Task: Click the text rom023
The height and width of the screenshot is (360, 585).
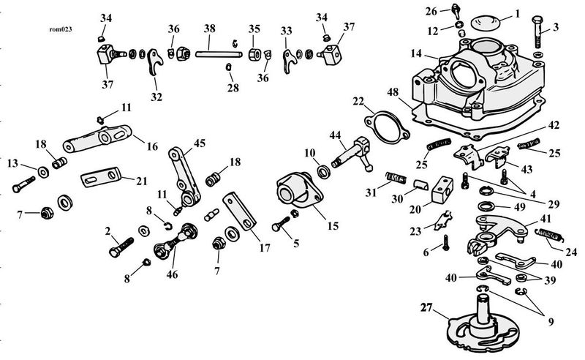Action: [61, 29]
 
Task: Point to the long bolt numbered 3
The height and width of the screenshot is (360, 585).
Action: [537, 31]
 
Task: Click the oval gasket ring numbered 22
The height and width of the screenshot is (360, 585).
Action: [387, 127]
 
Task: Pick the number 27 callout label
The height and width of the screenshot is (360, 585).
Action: [426, 308]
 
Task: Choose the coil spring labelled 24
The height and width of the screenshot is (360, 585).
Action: [550, 236]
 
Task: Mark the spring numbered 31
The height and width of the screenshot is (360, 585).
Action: [396, 177]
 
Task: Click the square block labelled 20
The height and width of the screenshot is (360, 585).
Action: [442, 190]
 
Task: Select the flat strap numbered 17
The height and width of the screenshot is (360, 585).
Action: [240, 211]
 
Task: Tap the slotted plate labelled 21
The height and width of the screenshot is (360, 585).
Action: [101, 176]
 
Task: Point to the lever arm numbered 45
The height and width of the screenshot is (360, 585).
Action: [184, 175]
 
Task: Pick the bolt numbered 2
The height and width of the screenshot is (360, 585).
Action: [121, 247]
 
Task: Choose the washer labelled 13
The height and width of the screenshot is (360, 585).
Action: [43, 173]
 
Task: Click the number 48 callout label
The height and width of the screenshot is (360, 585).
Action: [393, 92]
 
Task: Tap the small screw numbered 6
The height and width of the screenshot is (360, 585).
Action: [445, 243]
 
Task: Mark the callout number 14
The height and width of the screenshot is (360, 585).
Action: [416, 53]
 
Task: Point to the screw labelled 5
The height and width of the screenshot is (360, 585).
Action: [282, 224]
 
